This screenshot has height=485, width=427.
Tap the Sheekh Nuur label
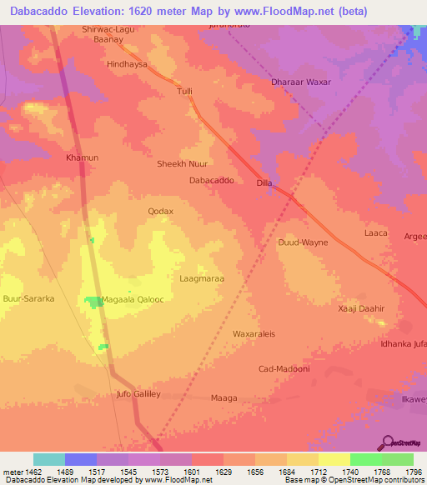[182, 164]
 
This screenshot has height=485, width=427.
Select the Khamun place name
[82, 157]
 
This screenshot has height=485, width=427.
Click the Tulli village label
[184, 92]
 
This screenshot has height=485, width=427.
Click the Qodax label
[160, 212]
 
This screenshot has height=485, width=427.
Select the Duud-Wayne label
[303, 242]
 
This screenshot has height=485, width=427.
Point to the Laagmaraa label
[202, 278]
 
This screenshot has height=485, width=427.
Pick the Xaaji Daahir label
[361, 308]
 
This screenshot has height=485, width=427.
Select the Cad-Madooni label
[284, 368]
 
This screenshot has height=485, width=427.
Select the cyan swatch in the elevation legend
[49, 459]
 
